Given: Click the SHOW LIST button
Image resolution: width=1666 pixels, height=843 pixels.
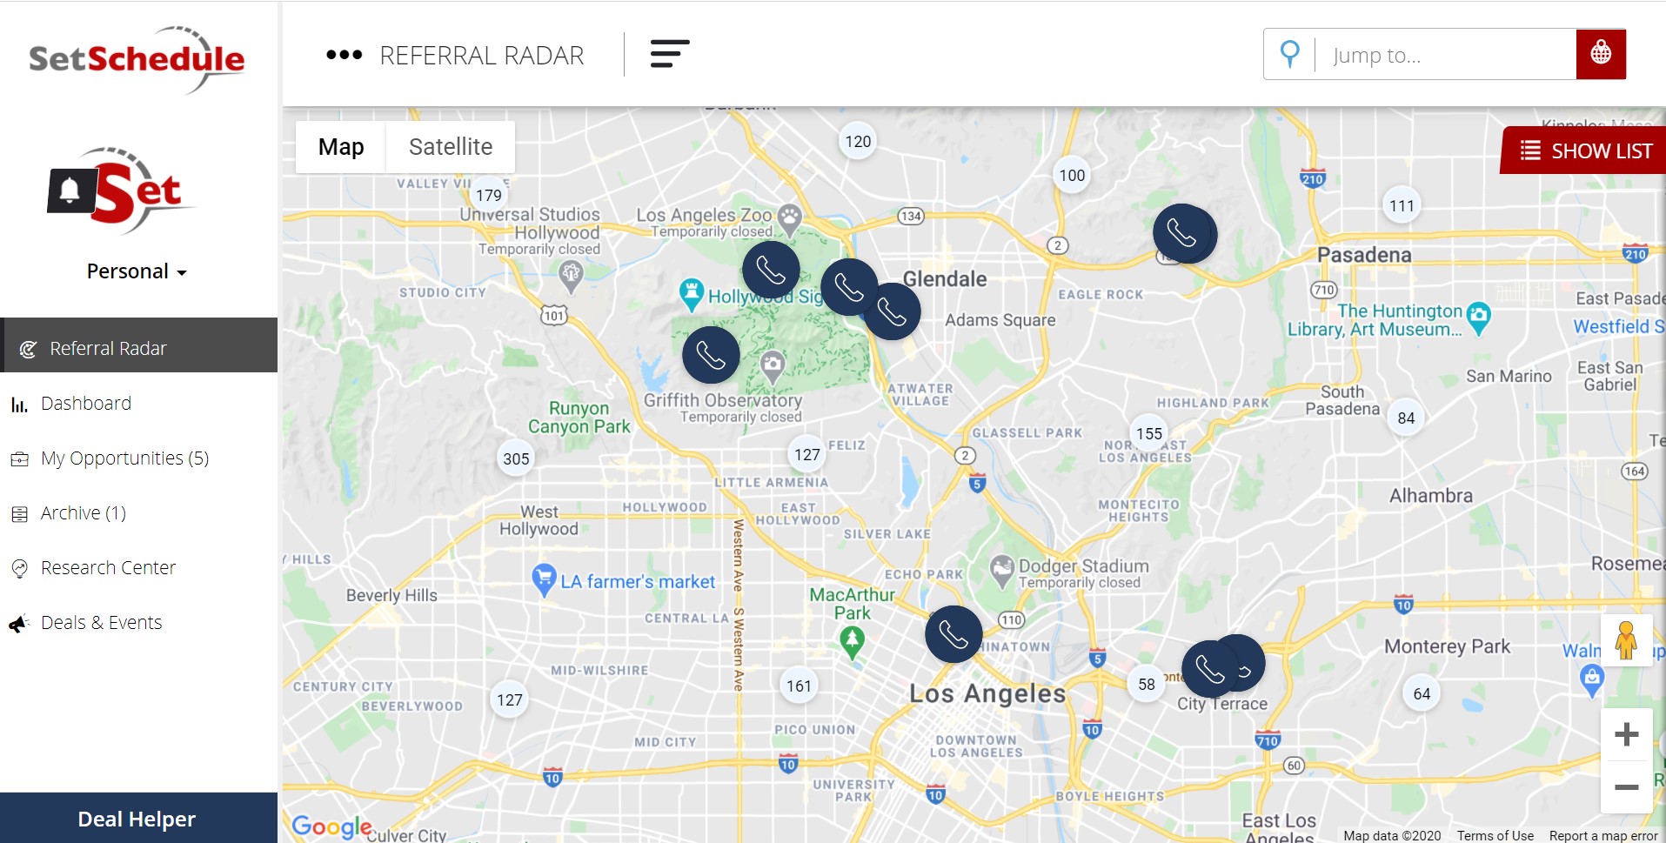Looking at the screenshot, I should (x=1586, y=151).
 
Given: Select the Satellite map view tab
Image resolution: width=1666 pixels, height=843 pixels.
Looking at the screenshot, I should (x=450, y=147).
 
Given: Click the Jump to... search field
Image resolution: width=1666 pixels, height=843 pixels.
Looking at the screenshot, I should (x=1444, y=55).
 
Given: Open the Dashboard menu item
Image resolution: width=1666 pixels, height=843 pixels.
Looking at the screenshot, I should (x=85, y=404).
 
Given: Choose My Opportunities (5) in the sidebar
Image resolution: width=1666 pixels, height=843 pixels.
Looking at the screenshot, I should (x=124, y=458).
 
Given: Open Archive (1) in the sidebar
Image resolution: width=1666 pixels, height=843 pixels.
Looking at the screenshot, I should (x=83, y=513).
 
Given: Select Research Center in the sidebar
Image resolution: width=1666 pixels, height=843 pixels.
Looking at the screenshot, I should (x=108, y=568).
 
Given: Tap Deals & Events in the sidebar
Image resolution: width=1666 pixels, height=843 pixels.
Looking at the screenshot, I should (x=101, y=623).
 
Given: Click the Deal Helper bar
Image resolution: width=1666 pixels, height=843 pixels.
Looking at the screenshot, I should (x=137, y=819).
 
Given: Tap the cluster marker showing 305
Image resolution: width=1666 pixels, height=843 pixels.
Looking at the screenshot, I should (x=516, y=458).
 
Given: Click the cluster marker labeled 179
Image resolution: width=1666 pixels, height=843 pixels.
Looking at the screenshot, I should (x=489, y=195).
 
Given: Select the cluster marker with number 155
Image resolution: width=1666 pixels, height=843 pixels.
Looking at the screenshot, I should (x=1149, y=433).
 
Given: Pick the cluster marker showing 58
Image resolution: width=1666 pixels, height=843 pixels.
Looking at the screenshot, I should (x=1147, y=684).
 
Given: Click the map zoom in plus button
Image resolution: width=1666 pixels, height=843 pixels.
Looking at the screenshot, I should (x=1626, y=734).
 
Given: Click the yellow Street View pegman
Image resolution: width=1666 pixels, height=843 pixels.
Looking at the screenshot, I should (x=1626, y=640).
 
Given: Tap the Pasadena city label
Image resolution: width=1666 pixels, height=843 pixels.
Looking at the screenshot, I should (x=1364, y=255).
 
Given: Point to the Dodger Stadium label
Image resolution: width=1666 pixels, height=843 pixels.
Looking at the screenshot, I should (x=1083, y=566).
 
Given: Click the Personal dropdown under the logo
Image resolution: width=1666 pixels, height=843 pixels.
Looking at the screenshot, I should (x=137, y=271).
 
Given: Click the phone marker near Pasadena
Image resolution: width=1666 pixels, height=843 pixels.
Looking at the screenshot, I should (x=1183, y=233).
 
